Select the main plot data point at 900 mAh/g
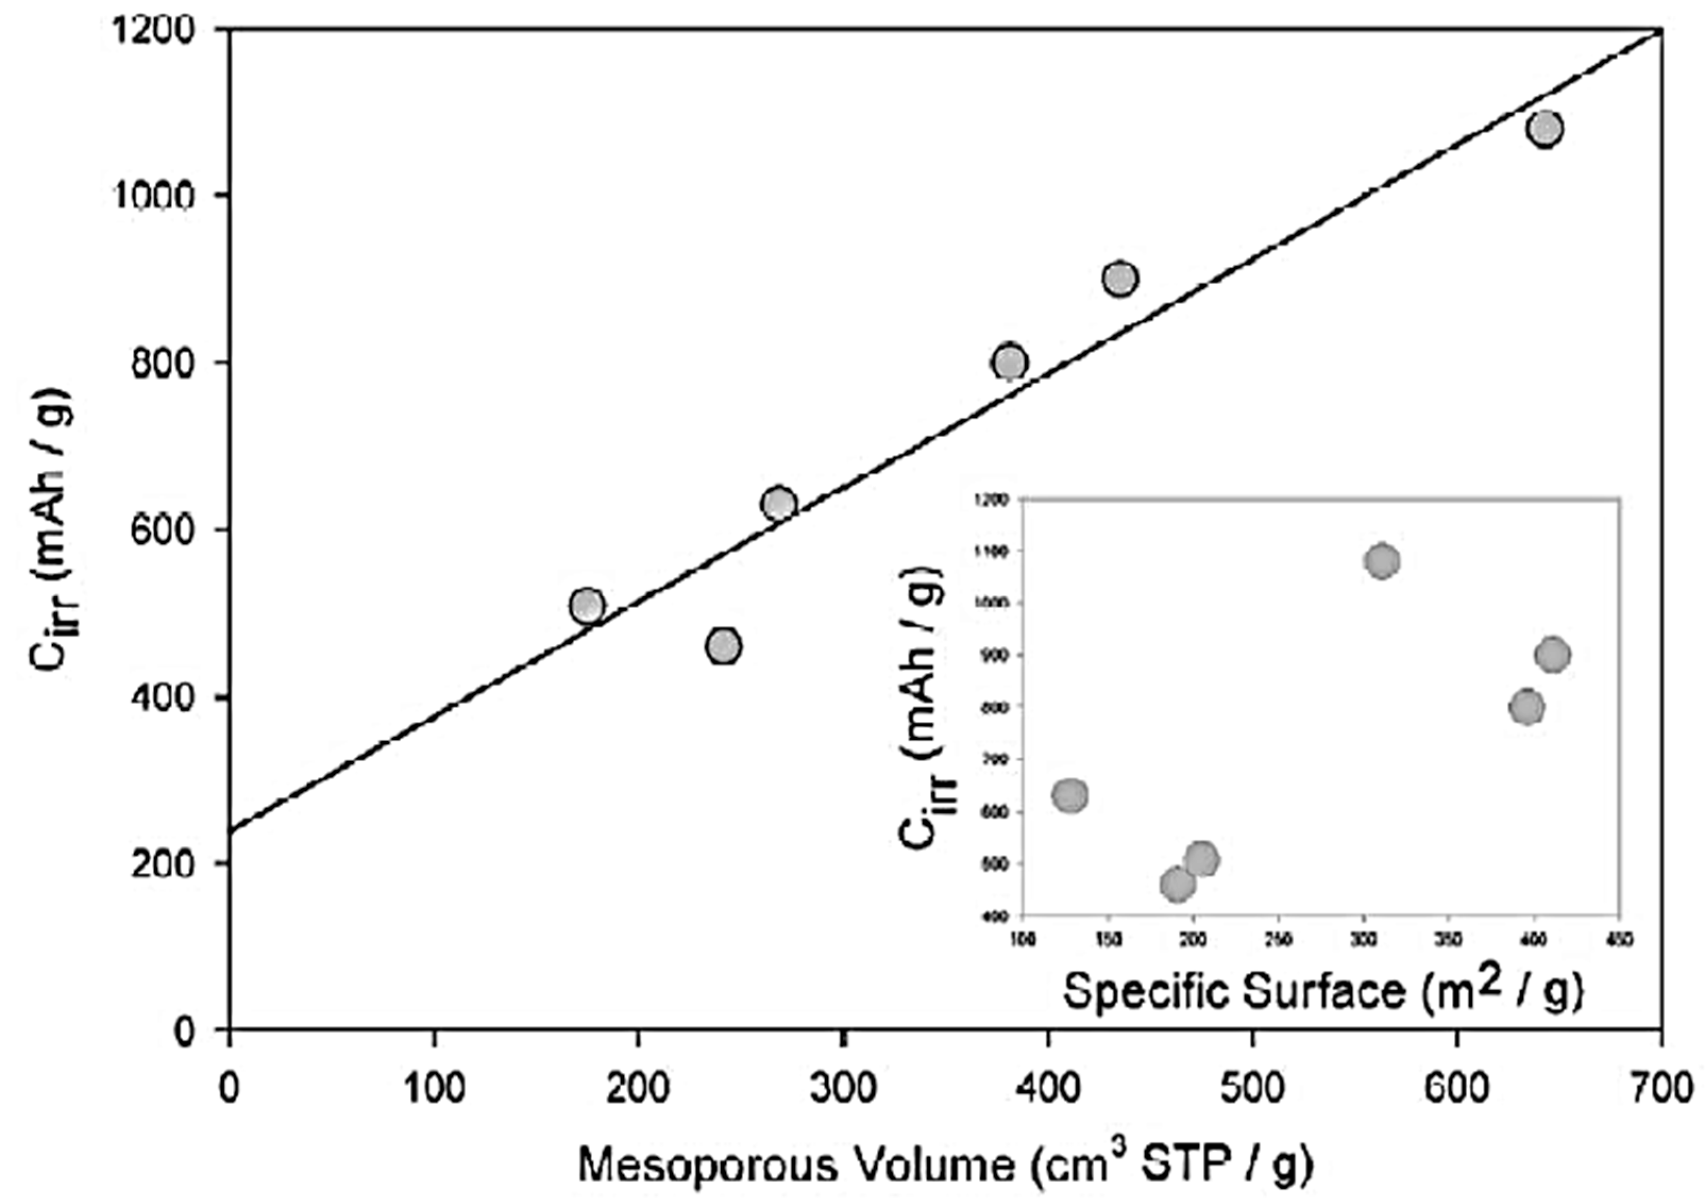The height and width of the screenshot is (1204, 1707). (x=1120, y=279)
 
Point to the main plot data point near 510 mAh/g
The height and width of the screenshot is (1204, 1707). (x=587, y=606)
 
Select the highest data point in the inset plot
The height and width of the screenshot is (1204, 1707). (x=1382, y=561)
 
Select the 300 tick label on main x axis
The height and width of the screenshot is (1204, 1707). (x=843, y=1089)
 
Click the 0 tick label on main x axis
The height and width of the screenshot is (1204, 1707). (x=230, y=1089)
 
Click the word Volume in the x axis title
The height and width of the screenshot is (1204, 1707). (x=932, y=1165)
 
